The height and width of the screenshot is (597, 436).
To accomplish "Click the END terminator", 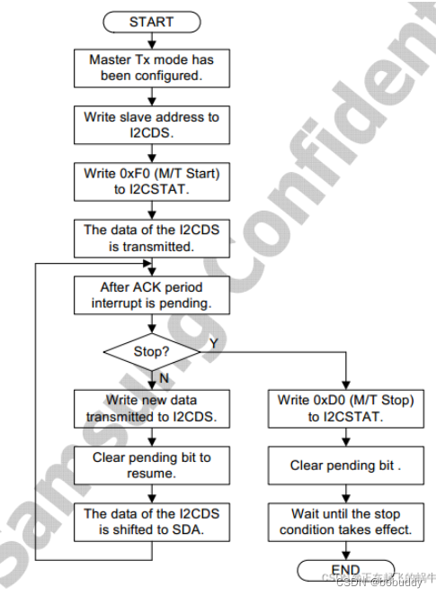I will (346, 570).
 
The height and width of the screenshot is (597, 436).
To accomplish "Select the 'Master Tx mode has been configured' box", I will (151, 67).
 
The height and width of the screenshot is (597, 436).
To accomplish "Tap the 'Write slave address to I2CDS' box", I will (151, 124).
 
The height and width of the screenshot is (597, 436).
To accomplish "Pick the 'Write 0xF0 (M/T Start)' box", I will (151, 181).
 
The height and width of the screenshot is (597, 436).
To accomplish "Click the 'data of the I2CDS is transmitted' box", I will (151, 238).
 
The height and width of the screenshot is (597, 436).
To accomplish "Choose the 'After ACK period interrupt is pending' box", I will (151, 295).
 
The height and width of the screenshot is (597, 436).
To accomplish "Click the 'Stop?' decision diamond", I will (151, 352).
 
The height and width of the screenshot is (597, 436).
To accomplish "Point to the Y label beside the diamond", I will (213, 343).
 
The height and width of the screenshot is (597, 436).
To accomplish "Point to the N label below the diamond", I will (164, 377).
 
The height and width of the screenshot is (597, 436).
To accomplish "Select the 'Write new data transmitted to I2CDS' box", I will (151, 409).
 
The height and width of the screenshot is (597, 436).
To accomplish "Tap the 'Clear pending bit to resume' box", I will (151, 466).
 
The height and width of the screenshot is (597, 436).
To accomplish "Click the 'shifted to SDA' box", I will (151, 522).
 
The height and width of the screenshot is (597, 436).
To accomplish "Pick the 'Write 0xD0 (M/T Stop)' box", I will (346, 409).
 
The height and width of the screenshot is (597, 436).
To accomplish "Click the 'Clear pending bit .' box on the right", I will (346, 466).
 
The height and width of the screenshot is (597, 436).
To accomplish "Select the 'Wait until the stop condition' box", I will (346, 522).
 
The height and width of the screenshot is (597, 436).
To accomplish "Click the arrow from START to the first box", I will (151, 39).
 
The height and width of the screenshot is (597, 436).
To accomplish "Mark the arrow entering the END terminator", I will (346, 551).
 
